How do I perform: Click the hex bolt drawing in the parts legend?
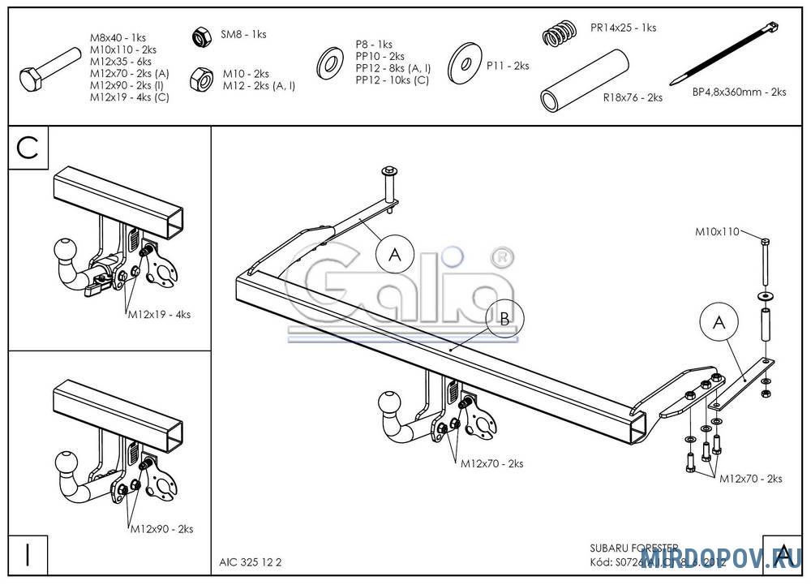(49, 72)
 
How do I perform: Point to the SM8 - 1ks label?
(243, 35)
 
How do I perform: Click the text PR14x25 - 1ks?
(623, 28)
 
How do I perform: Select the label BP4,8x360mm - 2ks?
(739, 92)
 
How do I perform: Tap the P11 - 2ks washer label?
(508, 66)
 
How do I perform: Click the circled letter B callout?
(504, 319)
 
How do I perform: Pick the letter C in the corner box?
(28, 148)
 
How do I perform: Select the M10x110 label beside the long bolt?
(717, 232)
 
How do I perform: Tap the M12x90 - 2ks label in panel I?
(161, 529)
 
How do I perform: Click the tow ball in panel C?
(65, 251)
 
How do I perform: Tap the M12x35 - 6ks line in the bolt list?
(121, 61)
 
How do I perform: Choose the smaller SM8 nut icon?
(200, 37)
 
